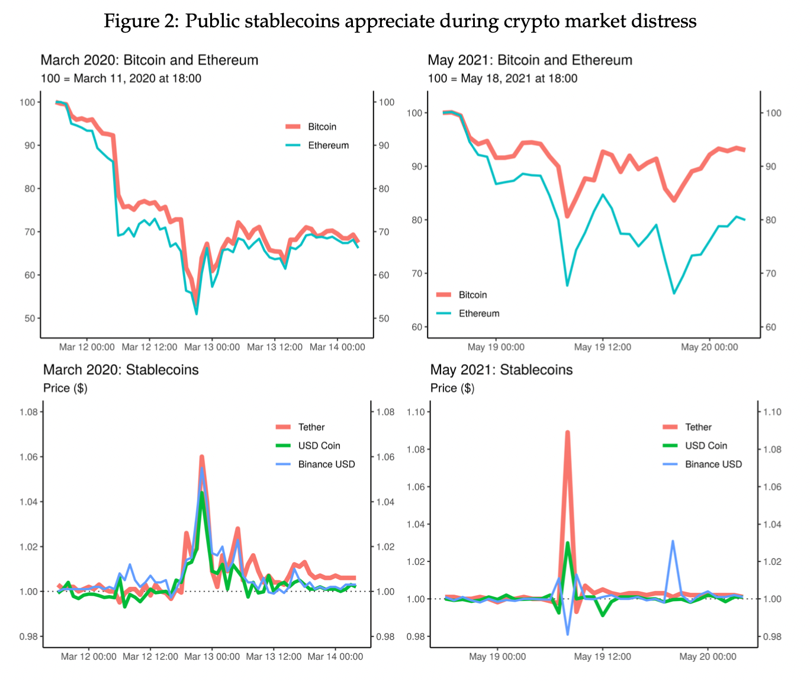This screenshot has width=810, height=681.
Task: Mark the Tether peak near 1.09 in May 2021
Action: click(567, 433)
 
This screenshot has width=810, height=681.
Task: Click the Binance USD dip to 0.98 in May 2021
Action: click(568, 634)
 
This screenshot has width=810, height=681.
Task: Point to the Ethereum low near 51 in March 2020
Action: click(196, 313)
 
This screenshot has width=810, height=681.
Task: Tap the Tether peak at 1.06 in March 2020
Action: click(202, 457)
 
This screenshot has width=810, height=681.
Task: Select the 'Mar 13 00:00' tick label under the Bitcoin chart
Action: click(212, 347)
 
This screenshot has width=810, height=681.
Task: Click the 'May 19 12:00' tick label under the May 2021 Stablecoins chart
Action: click(603, 656)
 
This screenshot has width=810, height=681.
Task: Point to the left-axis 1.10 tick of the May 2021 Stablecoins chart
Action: click(419, 412)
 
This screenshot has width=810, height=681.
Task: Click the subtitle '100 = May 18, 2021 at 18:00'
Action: click(502, 78)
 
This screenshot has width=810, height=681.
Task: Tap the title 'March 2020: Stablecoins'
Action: click(121, 370)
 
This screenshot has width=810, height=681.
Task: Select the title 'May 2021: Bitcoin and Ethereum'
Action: click(530, 60)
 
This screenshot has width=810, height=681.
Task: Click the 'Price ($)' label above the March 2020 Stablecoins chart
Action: click(65, 388)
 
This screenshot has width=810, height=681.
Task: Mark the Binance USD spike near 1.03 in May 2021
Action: click(673, 541)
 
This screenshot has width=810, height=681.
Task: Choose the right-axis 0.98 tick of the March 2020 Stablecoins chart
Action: click(385, 637)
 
